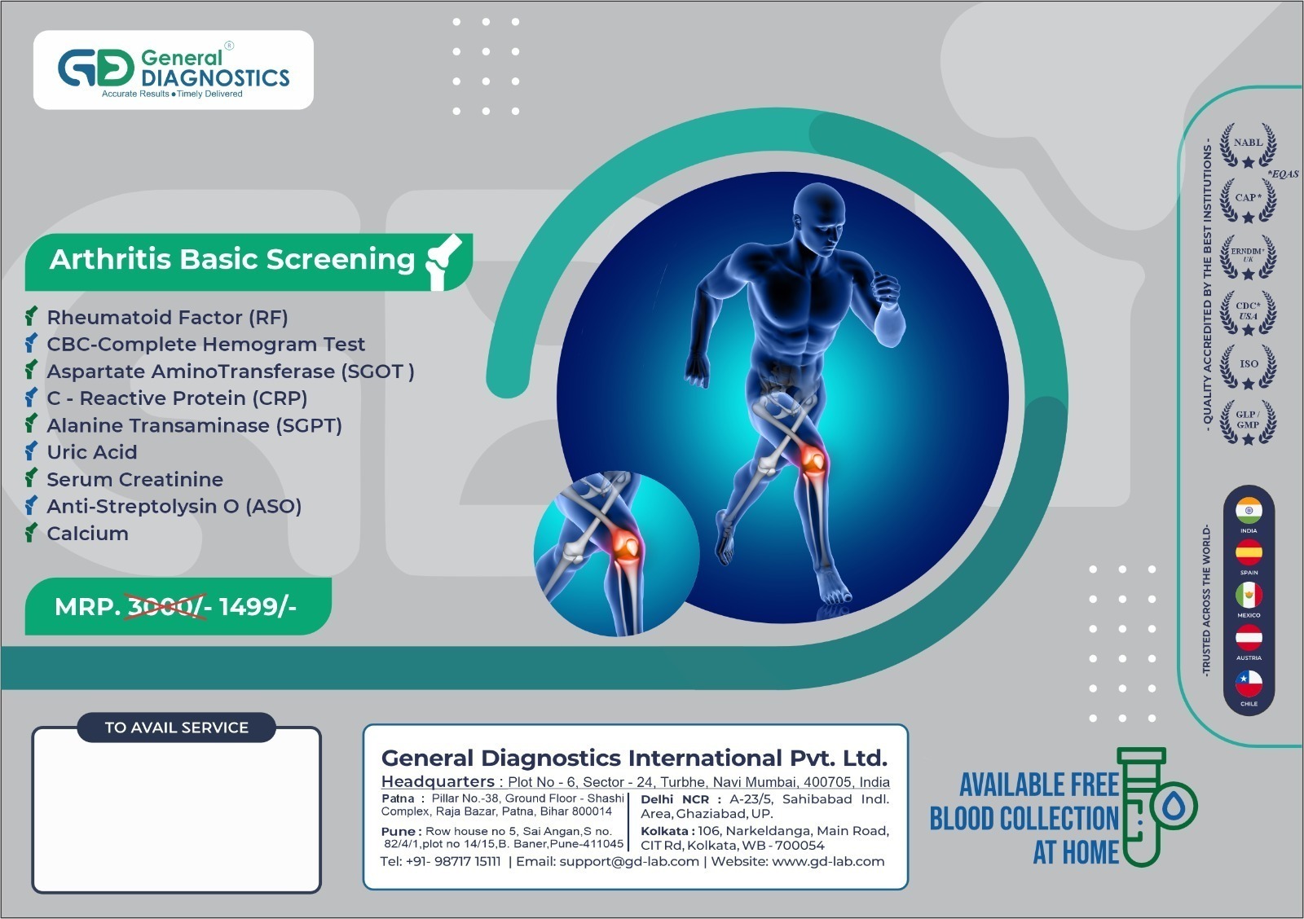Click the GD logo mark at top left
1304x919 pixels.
point(95,68)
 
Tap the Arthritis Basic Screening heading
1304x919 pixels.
point(232,259)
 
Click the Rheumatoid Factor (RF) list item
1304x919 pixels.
point(167,317)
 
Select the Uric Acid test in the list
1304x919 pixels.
point(91,452)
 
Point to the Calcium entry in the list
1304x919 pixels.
point(87,534)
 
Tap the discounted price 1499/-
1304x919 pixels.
point(257,607)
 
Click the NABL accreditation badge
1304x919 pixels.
point(1248,146)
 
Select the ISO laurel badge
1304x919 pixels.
point(1248,366)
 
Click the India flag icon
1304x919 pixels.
point(1249,511)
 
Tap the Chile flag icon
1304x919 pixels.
point(1249,683)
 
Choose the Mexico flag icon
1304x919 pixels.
point(1249,596)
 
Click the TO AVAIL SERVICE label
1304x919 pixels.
point(176,728)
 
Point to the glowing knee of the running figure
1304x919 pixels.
point(813,461)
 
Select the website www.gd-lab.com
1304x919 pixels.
point(827,861)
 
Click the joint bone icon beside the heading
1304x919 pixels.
point(443,261)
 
